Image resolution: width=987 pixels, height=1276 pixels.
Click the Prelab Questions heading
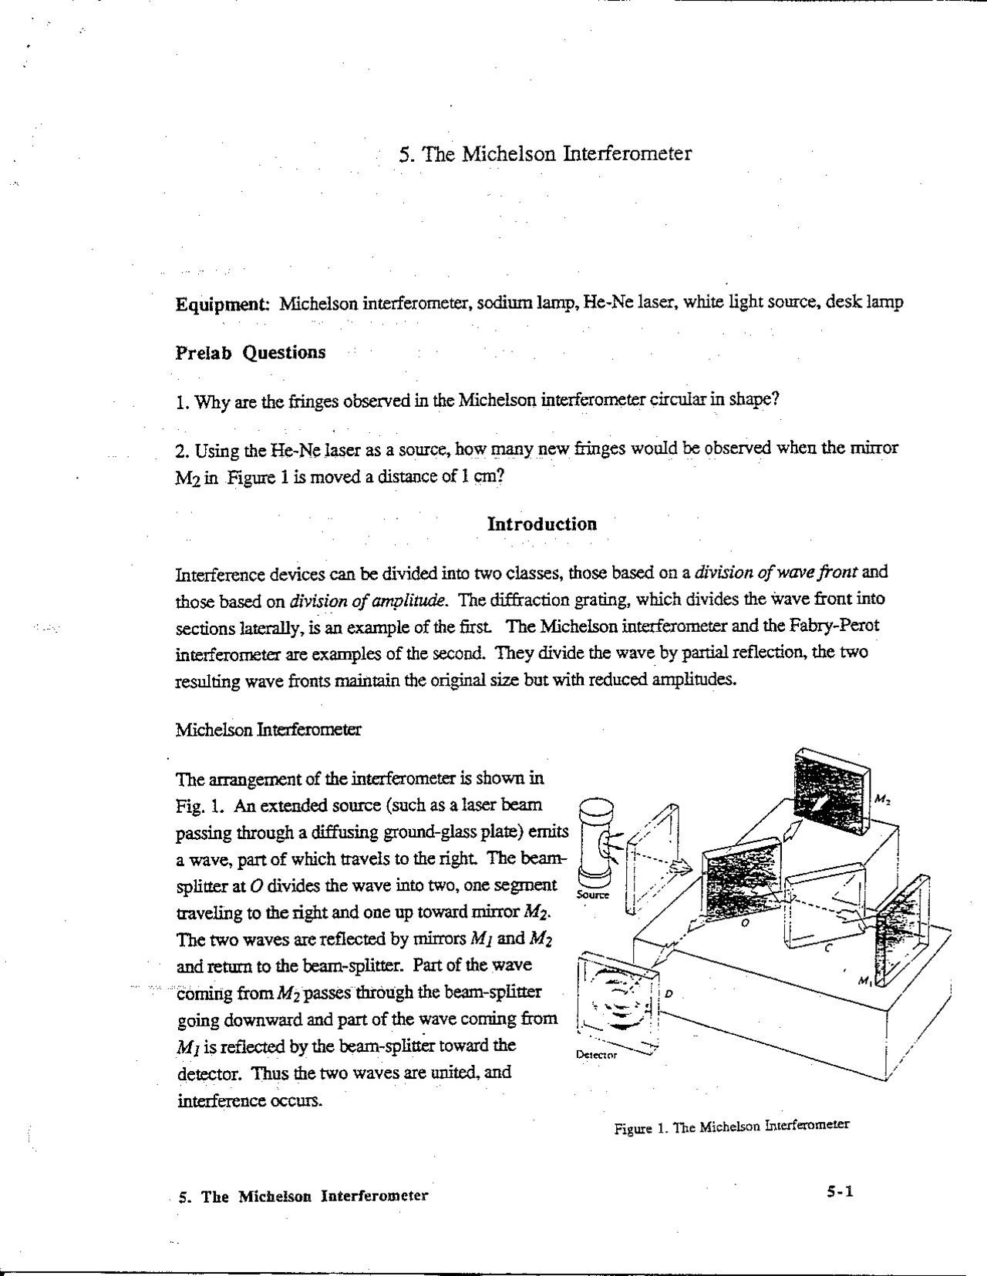(x=251, y=353)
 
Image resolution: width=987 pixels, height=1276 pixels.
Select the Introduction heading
(x=542, y=525)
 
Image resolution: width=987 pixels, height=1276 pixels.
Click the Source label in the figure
(x=593, y=895)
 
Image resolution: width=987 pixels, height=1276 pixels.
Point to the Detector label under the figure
(x=597, y=1054)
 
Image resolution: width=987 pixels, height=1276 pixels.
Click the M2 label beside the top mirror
(x=882, y=800)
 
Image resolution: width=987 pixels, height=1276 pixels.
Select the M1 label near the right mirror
(x=865, y=981)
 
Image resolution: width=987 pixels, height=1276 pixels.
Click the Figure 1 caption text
(x=731, y=1127)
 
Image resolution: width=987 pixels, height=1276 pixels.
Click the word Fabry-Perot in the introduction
(x=837, y=626)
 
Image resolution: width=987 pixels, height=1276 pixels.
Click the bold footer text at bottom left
(x=303, y=1197)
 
